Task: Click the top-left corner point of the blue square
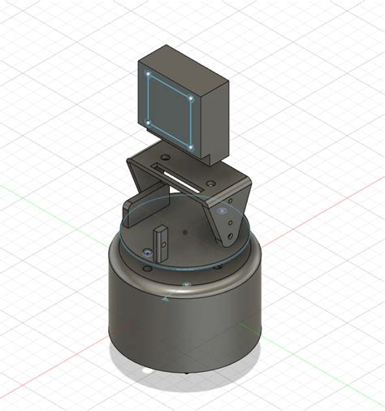[150, 76]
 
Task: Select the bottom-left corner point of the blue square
[150, 123]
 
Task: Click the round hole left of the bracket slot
[163, 158]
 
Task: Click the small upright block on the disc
[161, 238]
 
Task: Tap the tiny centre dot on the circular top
[186, 233]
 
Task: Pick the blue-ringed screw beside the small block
[146, 254]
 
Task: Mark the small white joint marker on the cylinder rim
[186, 285]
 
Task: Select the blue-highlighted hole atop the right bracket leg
[221, 210]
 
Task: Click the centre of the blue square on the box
[171, 111]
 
